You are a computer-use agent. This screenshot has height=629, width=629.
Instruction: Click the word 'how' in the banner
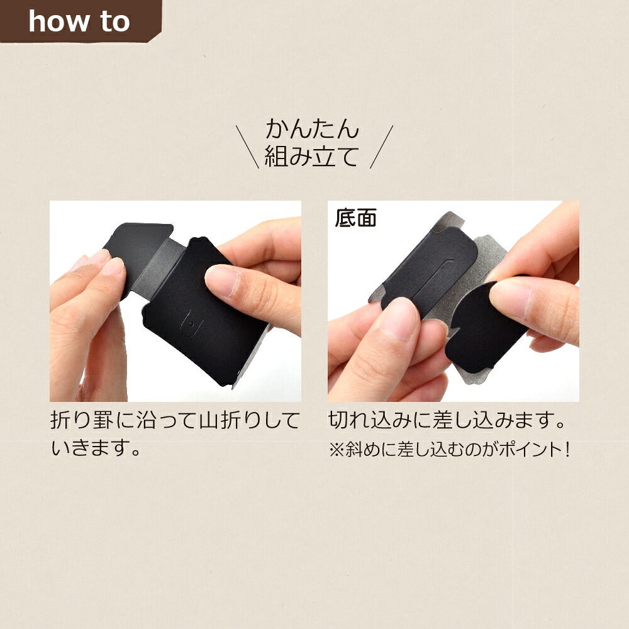59,21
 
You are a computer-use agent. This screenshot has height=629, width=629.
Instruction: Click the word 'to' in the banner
115,22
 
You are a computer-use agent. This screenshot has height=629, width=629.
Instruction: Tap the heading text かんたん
312,129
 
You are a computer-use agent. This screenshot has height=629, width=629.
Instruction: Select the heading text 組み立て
311,156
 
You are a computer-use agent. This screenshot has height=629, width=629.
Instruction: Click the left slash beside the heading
247,147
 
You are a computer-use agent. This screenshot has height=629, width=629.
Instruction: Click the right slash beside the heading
382,147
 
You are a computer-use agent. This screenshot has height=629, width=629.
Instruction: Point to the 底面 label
356,218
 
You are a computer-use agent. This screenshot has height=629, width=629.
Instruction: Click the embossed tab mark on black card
191,323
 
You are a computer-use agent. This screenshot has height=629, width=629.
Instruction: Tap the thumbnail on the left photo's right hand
220,280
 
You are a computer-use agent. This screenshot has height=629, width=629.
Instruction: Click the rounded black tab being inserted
481,326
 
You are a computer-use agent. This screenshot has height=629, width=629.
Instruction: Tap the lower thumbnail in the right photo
398,320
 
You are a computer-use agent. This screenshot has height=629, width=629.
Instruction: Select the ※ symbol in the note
336,450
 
